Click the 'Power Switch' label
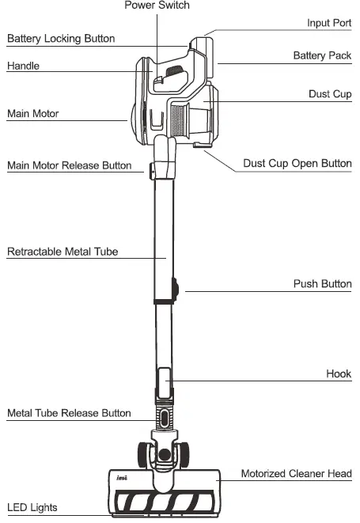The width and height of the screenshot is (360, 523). [157, 6]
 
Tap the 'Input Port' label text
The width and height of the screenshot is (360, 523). [329, 23]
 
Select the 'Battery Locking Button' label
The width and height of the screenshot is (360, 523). [61, 38]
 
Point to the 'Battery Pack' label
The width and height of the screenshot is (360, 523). [322, 55]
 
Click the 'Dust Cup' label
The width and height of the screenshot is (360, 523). [330, 93]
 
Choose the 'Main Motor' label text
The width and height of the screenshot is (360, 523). [33, 113]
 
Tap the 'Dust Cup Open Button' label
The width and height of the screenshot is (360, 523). [297, 164]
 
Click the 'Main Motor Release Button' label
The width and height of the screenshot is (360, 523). [70, 165]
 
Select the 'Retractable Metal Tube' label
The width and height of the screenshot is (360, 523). [63, 252]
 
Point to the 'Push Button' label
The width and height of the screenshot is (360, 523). [322, 283]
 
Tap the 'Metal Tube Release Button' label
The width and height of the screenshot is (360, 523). [70, 413]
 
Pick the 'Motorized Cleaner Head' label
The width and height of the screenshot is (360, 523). [296, 473]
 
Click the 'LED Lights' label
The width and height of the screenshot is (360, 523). [32, 506]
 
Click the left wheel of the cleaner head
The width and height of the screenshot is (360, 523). [145, 453]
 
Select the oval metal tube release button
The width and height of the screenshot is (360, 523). [164, 416]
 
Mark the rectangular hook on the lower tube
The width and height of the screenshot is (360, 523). [163, 382]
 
